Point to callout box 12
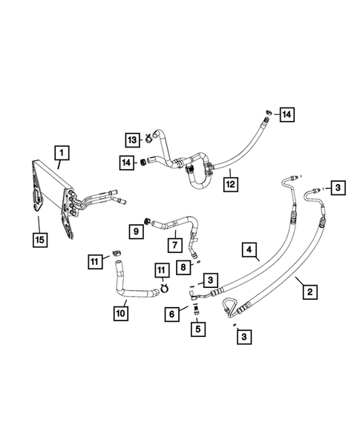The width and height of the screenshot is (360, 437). pyautogui.click(x=231, y=180)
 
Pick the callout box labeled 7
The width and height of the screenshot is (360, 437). pyautogui.click(x=174, y=244)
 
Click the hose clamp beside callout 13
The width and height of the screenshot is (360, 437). pyautogui.click(x=149, y=136)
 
